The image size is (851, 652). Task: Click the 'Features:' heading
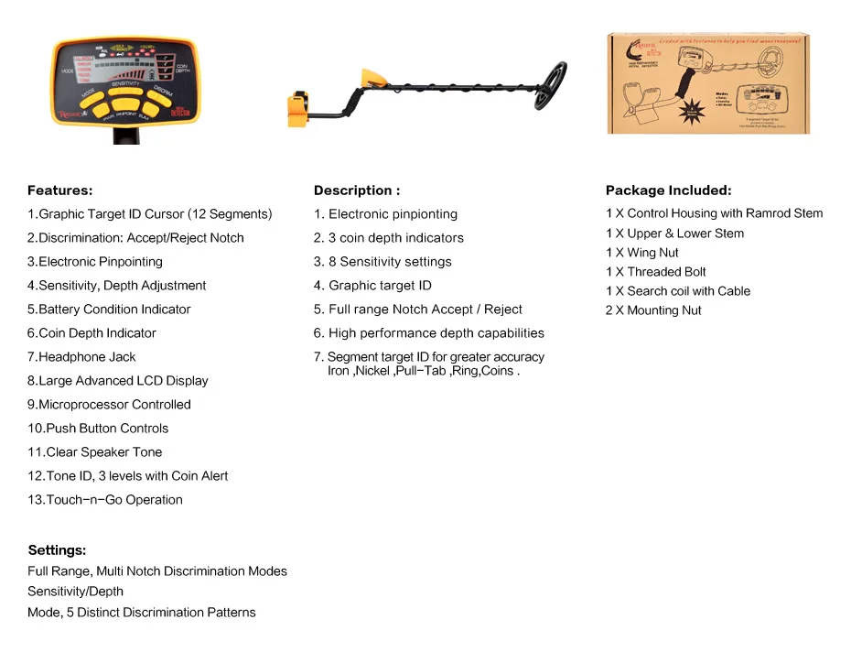click(60, 190)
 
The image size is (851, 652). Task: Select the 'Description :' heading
click(357, 190)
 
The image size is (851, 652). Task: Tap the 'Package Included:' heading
click(668, 190)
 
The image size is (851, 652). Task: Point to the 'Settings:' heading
click(57, 550)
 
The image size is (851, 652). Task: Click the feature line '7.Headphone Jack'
click(81, 357)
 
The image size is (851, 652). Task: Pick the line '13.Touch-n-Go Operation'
click(105, 500)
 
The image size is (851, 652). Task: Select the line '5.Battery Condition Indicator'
click(109, 310)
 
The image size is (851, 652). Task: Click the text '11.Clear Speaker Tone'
click(95, 452)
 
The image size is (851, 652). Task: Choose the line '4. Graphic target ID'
click(372, 286)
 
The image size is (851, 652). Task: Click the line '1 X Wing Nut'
click(642, 253)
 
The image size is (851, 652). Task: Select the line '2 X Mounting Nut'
click(653, 310)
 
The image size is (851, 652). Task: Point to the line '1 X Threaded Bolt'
click(656, 272)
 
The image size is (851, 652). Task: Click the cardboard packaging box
click(708, 84)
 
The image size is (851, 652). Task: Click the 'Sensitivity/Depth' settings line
click(75, 592)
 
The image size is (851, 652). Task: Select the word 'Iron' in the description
click(339, 371)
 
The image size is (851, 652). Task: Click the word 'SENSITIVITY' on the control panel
click(125, 84)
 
